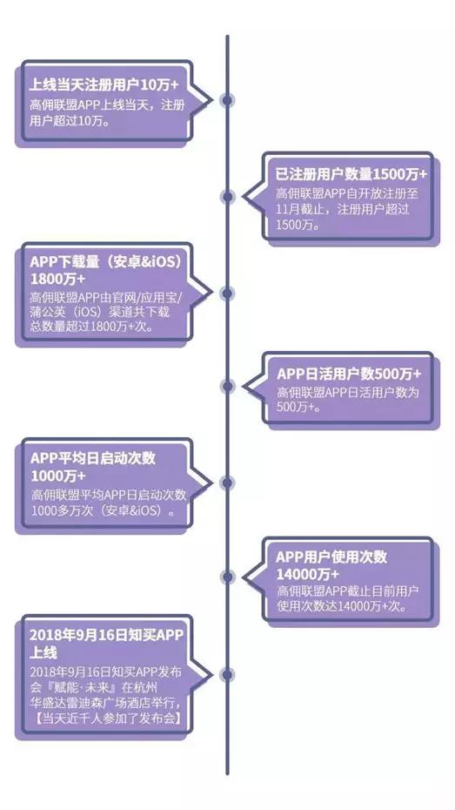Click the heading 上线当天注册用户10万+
tap(104, 84)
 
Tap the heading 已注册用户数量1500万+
tap(351, 174)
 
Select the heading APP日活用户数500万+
tap(349, 374)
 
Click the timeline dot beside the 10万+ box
tap(227, 100)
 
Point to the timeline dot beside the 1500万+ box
tap(227, 196)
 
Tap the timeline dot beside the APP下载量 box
tap(227, 294)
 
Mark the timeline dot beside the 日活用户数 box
tap(227, 386)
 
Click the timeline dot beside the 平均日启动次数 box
tap(227, 483)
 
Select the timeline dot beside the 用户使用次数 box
tap(227, 577)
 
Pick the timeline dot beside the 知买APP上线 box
tap(227, 675)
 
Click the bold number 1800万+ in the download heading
tap(57, 279)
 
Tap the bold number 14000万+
tap(307, 574)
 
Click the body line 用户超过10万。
tap(70, 121)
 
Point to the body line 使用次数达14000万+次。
tap(342, 606)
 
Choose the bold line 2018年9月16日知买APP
tap(107, 636)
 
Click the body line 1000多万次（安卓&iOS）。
tap(103, 511)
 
